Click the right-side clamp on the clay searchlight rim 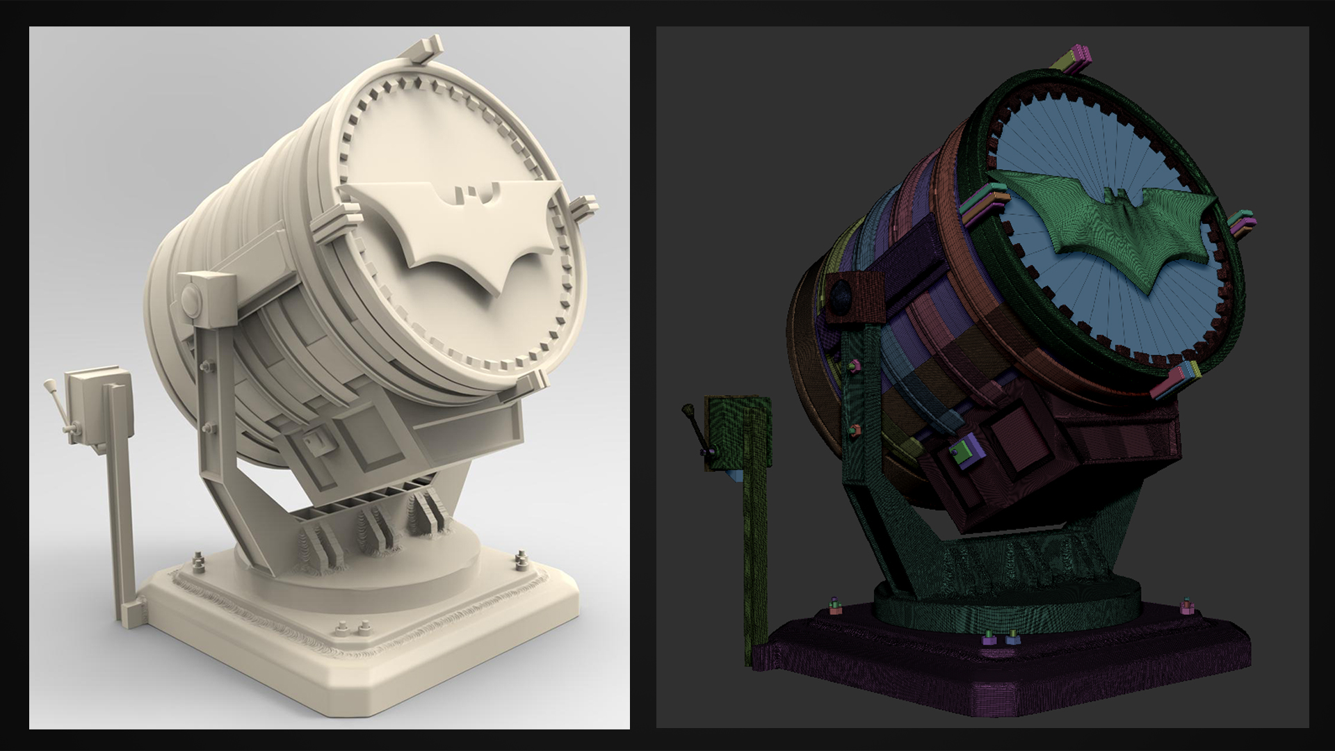click(583, 206)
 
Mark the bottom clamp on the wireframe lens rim click(1176, 380)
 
